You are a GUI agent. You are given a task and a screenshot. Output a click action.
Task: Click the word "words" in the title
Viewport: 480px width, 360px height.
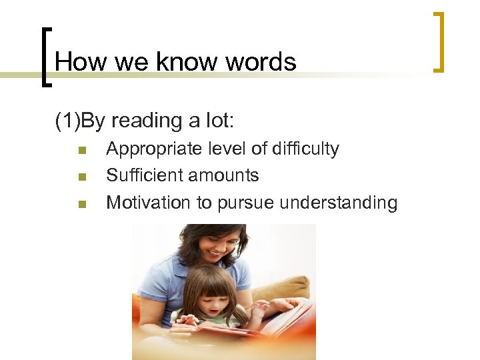point(261,62)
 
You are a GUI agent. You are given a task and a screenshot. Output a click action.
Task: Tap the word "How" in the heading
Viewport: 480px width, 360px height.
point(72,62)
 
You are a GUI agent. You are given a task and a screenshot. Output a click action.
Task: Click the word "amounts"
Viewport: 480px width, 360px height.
point(225,175)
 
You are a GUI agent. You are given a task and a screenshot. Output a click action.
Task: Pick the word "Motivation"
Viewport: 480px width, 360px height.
point(149,202)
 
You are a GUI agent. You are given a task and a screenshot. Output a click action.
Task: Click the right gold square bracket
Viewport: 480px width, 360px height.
point(438,41)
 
